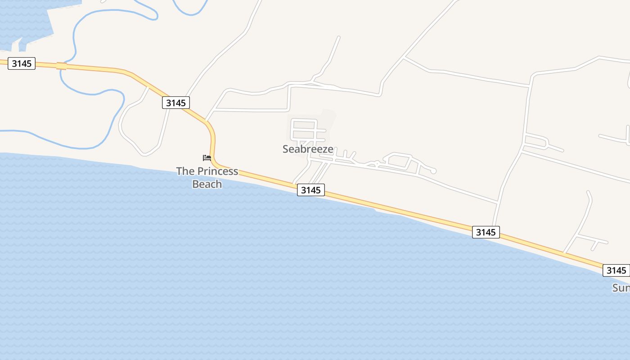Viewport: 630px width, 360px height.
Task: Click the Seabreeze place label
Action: [x=308, y=149]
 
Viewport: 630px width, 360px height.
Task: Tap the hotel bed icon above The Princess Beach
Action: [x=207, y=157]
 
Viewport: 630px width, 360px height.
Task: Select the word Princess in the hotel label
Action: [x=218, y=171]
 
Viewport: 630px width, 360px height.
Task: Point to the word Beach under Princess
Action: [x=207, y=184]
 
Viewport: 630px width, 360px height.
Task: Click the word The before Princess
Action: [x=185, y=171]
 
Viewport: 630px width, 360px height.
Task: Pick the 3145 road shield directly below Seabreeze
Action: [x=310, y=190]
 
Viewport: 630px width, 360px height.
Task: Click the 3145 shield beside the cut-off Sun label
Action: [x=616, y=270]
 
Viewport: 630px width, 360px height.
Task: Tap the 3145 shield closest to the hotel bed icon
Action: [x=175, y=103]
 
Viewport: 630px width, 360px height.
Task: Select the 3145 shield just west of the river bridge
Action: [x=22, y=63]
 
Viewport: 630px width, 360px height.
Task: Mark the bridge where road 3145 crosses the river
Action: [x=62, y=66]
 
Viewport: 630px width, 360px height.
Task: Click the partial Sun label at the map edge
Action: [x=621, y=288]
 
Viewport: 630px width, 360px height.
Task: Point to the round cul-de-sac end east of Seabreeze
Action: [x=433, y=171]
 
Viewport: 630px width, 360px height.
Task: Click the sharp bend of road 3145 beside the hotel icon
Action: [x=211, y=130]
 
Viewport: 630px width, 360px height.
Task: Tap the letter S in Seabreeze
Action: [x=286, y=149]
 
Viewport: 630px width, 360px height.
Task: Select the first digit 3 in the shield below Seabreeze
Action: [x=304, y=190]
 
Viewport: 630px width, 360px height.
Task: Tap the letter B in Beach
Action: [x=195, y=184]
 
